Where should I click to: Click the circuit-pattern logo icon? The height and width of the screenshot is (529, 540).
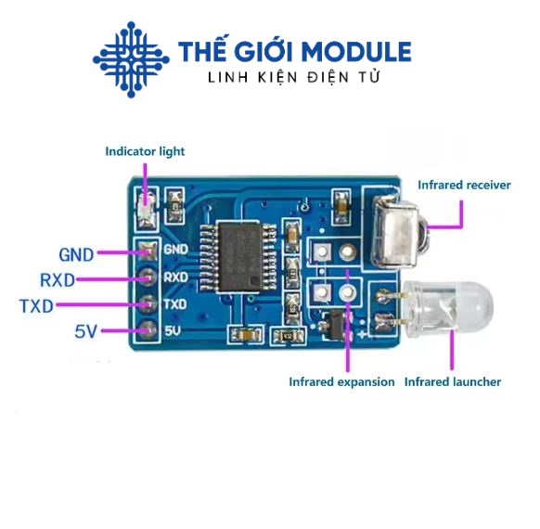coord(131,59)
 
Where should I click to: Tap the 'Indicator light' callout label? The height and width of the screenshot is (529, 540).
coord(145,151)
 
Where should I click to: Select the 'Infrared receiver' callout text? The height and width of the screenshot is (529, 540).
coord(464,185)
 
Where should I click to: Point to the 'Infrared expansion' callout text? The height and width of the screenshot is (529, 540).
coord(341,382)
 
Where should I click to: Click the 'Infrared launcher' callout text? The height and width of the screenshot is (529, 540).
coord(453,382)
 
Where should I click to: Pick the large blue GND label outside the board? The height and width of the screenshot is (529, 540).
coord(76,255)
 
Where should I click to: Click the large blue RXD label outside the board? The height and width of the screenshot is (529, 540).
coord(58,280)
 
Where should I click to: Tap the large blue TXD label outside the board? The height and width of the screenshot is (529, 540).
coord(36,306)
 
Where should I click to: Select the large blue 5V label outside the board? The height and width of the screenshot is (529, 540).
coord(85,331)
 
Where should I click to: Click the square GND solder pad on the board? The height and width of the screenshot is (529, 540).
coord(148,251)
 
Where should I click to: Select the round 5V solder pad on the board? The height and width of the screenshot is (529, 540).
coord(148,330)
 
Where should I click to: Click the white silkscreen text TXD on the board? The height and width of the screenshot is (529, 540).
coord(175,304)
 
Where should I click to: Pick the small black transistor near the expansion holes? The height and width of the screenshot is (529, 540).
coord(336,324)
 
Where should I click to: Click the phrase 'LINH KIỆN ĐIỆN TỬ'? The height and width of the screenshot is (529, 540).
coord(294,77)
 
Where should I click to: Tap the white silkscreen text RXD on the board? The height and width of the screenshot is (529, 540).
coord(175,277)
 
